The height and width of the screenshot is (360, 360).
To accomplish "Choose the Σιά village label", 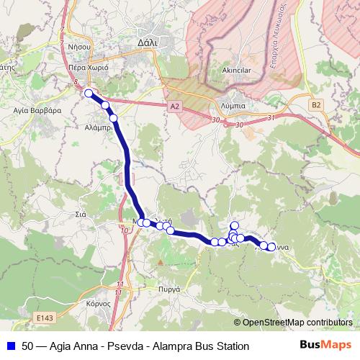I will click(81, 214).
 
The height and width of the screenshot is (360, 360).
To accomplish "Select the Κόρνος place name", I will click(99, 303).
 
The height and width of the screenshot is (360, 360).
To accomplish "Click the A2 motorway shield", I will click(174, 106).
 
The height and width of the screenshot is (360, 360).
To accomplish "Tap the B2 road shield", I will click(316, 104).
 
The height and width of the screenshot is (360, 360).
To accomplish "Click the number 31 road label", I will click(271, 117).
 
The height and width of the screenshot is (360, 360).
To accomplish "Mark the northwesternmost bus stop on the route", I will click(89, 93).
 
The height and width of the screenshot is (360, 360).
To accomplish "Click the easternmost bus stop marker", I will click(271, 247).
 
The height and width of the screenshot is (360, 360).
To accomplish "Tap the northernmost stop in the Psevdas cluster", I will click(234, 225).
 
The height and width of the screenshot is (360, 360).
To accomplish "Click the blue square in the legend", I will click(10, 346).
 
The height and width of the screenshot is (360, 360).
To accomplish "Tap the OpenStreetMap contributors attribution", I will click(297, 323).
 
